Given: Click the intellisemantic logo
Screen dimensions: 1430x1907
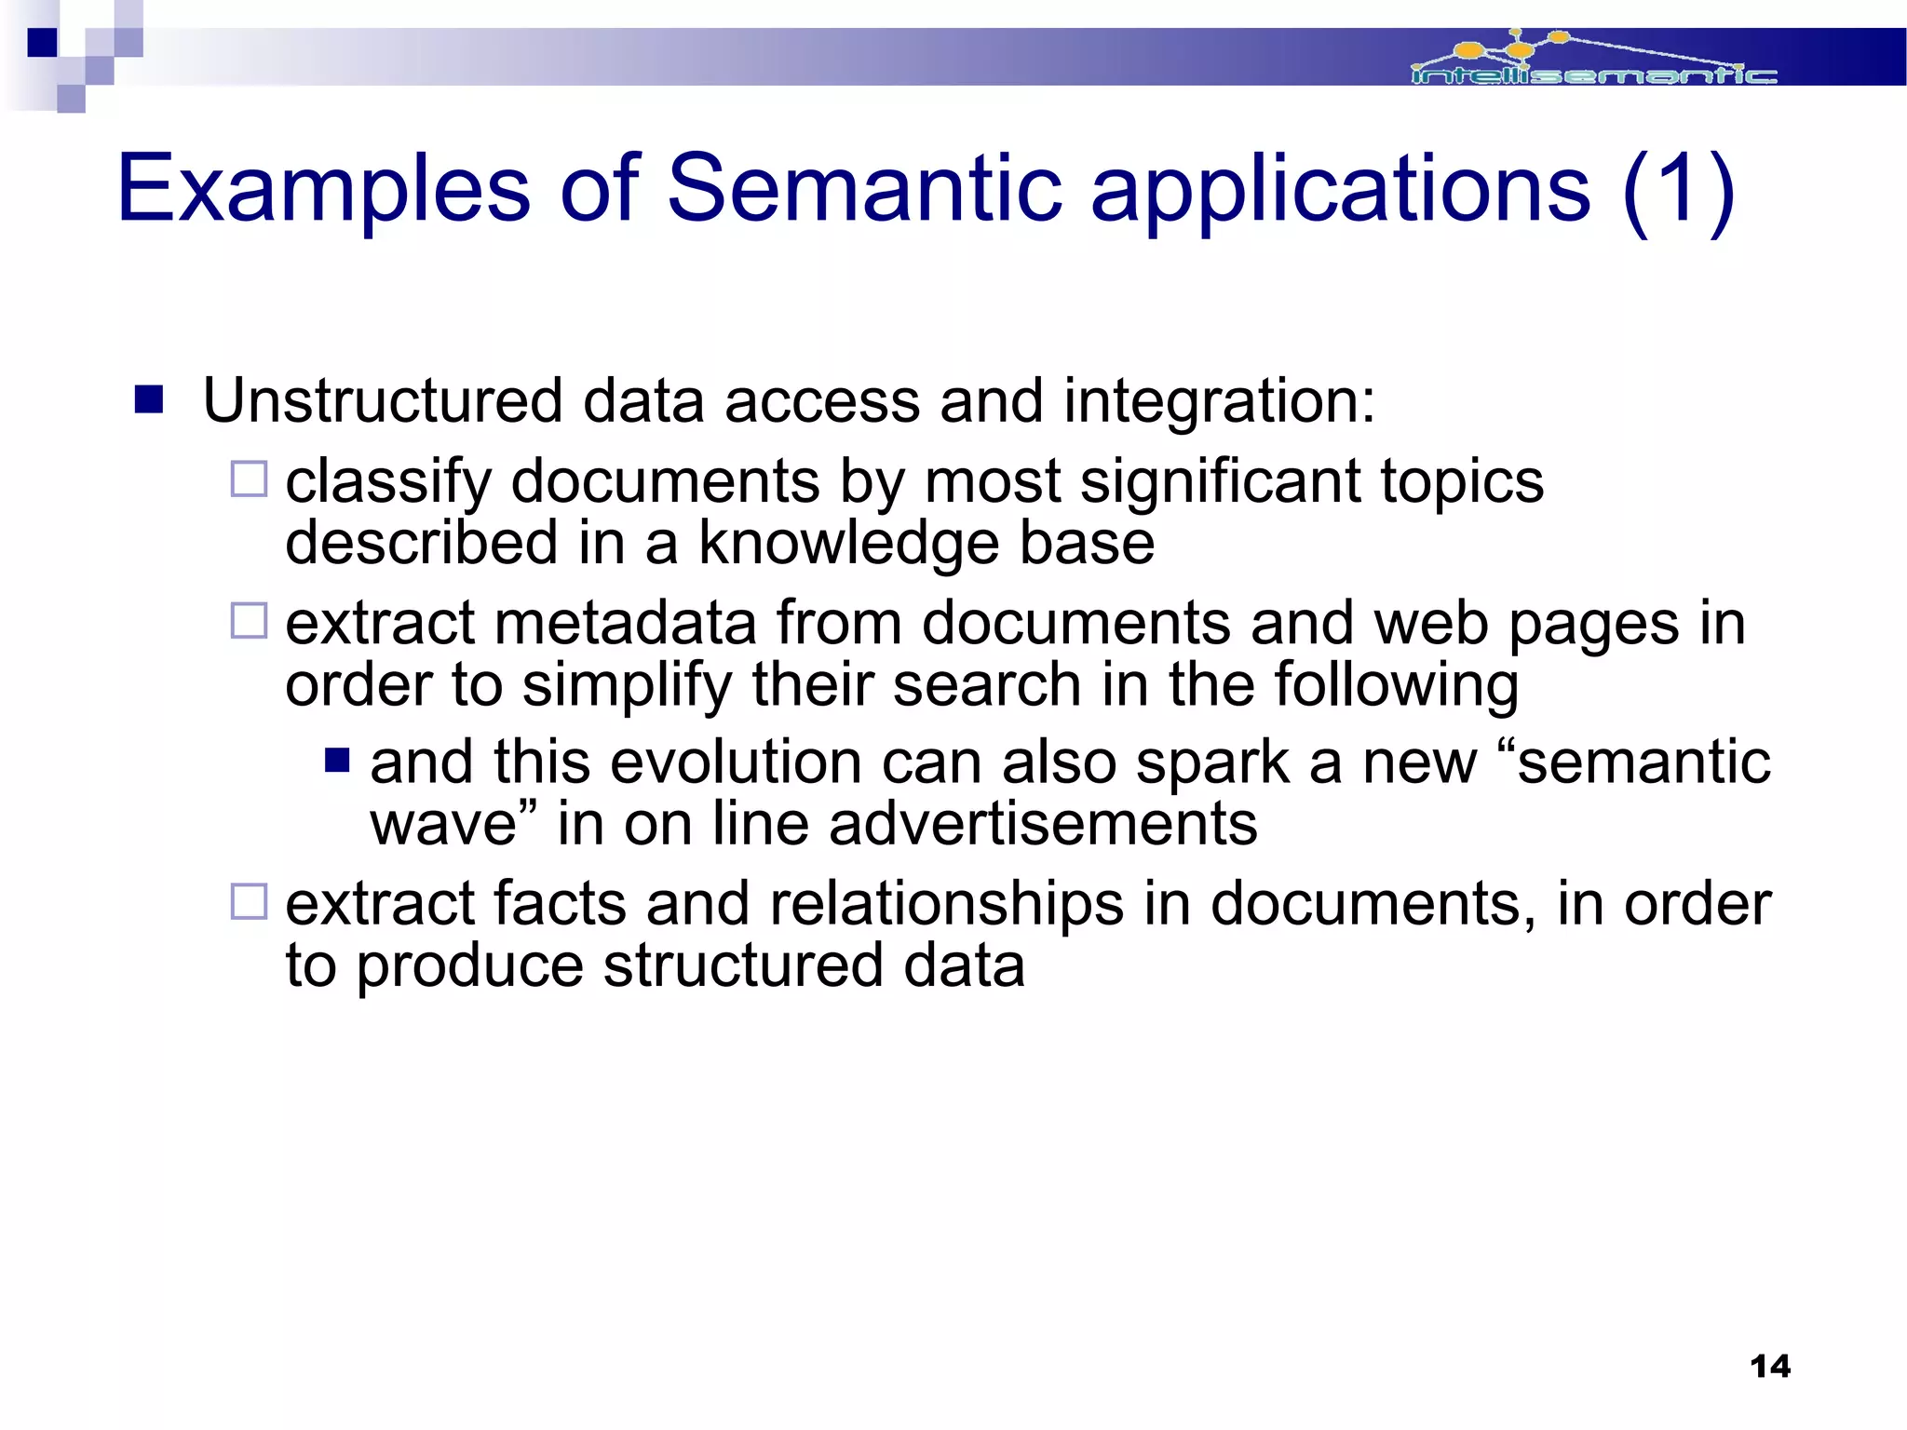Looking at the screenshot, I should [1592, 60].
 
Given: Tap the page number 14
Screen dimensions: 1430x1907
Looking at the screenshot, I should [1770, 1367].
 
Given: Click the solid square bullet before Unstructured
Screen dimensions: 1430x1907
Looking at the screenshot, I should [149, 400].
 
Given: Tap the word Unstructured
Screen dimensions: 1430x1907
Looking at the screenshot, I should [382, 401].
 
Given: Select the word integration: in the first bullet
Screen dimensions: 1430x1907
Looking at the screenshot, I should [1219, 401].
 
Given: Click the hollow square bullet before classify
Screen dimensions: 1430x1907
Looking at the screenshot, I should [249, 479].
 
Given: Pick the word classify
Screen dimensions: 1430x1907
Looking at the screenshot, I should [387, 483].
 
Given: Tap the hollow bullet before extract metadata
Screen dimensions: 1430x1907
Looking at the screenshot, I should [249, 621].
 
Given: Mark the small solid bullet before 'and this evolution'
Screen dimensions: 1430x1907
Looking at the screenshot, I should [337, 762].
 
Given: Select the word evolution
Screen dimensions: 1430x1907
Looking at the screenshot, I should [735, 762].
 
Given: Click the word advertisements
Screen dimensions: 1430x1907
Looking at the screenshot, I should [1043, 824].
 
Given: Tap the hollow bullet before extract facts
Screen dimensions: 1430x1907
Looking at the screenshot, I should [249, 901].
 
